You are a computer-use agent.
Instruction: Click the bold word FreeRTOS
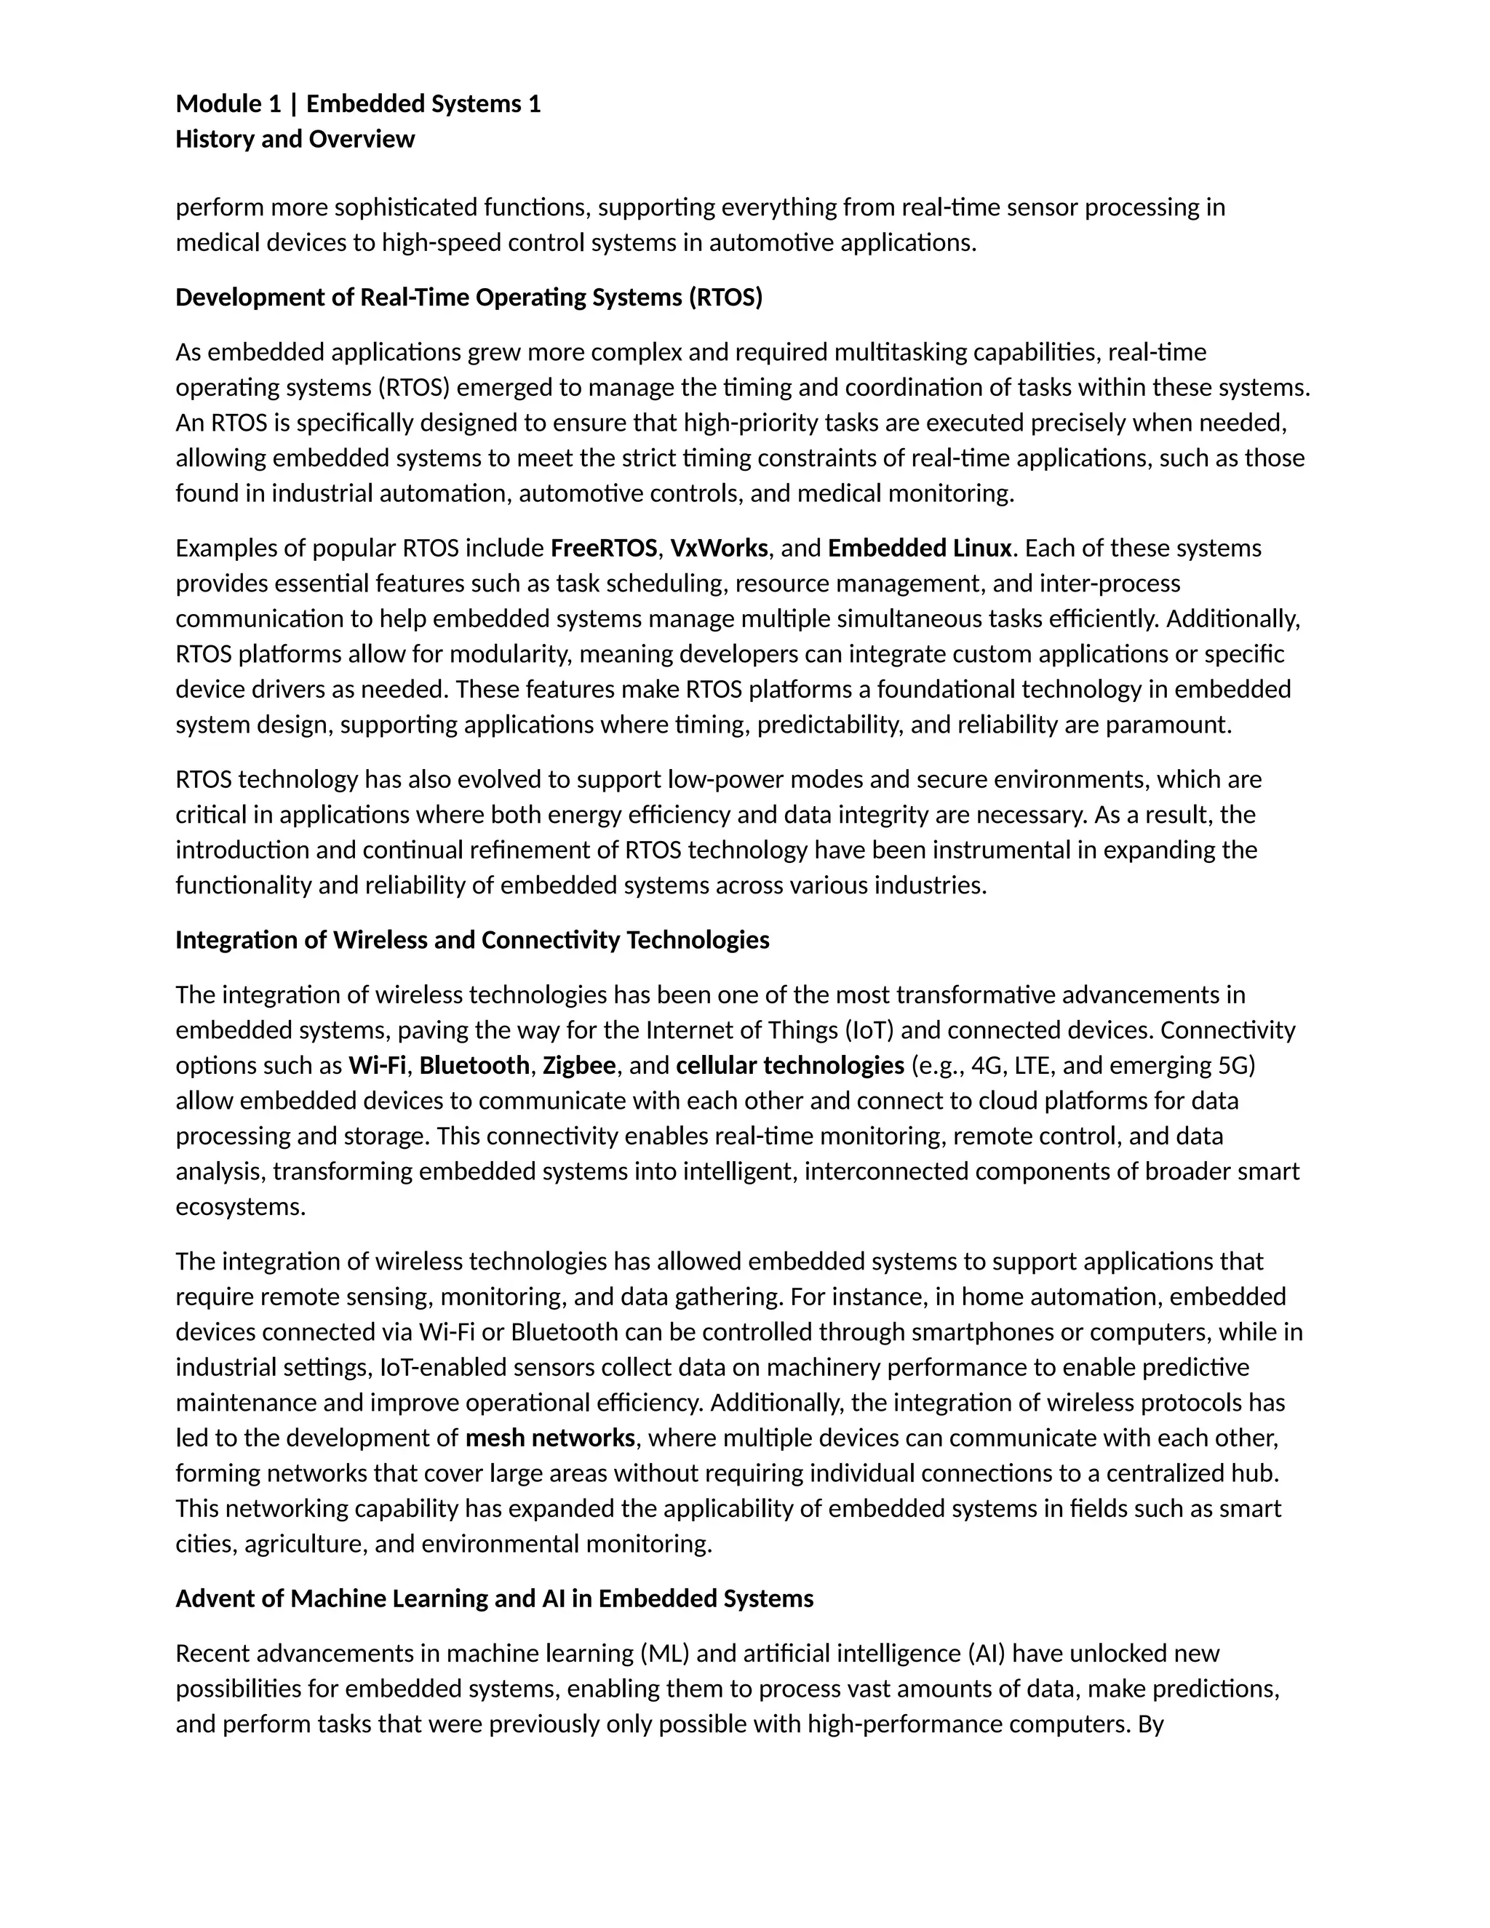(604, 549)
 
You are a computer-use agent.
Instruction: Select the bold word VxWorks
(719, 549)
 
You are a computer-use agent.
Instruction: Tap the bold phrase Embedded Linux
(919, 549)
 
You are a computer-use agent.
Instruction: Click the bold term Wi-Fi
(377, 1066)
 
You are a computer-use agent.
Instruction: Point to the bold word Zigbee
(579, 1066)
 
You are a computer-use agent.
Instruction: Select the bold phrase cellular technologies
(790, 1066)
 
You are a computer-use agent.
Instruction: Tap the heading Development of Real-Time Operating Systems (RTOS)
(469, 298)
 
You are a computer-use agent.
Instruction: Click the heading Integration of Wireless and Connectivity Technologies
(472, 940)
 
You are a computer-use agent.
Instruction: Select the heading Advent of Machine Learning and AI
(494, 1598)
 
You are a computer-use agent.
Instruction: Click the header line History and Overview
(295, 140)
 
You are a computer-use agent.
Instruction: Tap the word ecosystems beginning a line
(240, 1207)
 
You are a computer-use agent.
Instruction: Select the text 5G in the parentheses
(1234, 1066)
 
